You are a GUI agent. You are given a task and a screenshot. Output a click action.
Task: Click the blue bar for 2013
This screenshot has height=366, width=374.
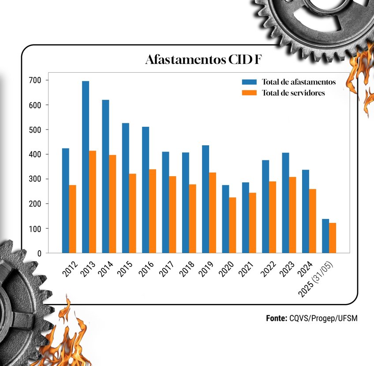pyautogui.click(x=86, y=167)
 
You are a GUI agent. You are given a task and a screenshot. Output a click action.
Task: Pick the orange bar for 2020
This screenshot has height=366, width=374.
pyautogui.click(x=232, y=225)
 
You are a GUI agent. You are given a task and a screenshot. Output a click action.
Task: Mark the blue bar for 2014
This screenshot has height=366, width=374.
pyautogui.click(x=105, y=176)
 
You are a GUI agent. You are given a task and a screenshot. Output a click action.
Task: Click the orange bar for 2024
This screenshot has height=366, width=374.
pyautogui.click(x=312, y=221)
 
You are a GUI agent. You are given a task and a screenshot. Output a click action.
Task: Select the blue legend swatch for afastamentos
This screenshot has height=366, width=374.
pyautogui.click(x=249, y=82)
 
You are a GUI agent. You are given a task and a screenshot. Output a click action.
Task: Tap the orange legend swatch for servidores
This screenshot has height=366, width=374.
pyautogui.click(x=249, y=93)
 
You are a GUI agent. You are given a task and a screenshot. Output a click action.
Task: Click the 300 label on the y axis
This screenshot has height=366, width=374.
pyautogui.click(x=36, y=179)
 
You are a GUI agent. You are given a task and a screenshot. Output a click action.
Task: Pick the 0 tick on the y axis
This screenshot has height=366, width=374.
pyautogui.click(x=39, y=254)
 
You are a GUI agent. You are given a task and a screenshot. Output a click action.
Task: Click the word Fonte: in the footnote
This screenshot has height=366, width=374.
pyautogui.click(x=277, y=318)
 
